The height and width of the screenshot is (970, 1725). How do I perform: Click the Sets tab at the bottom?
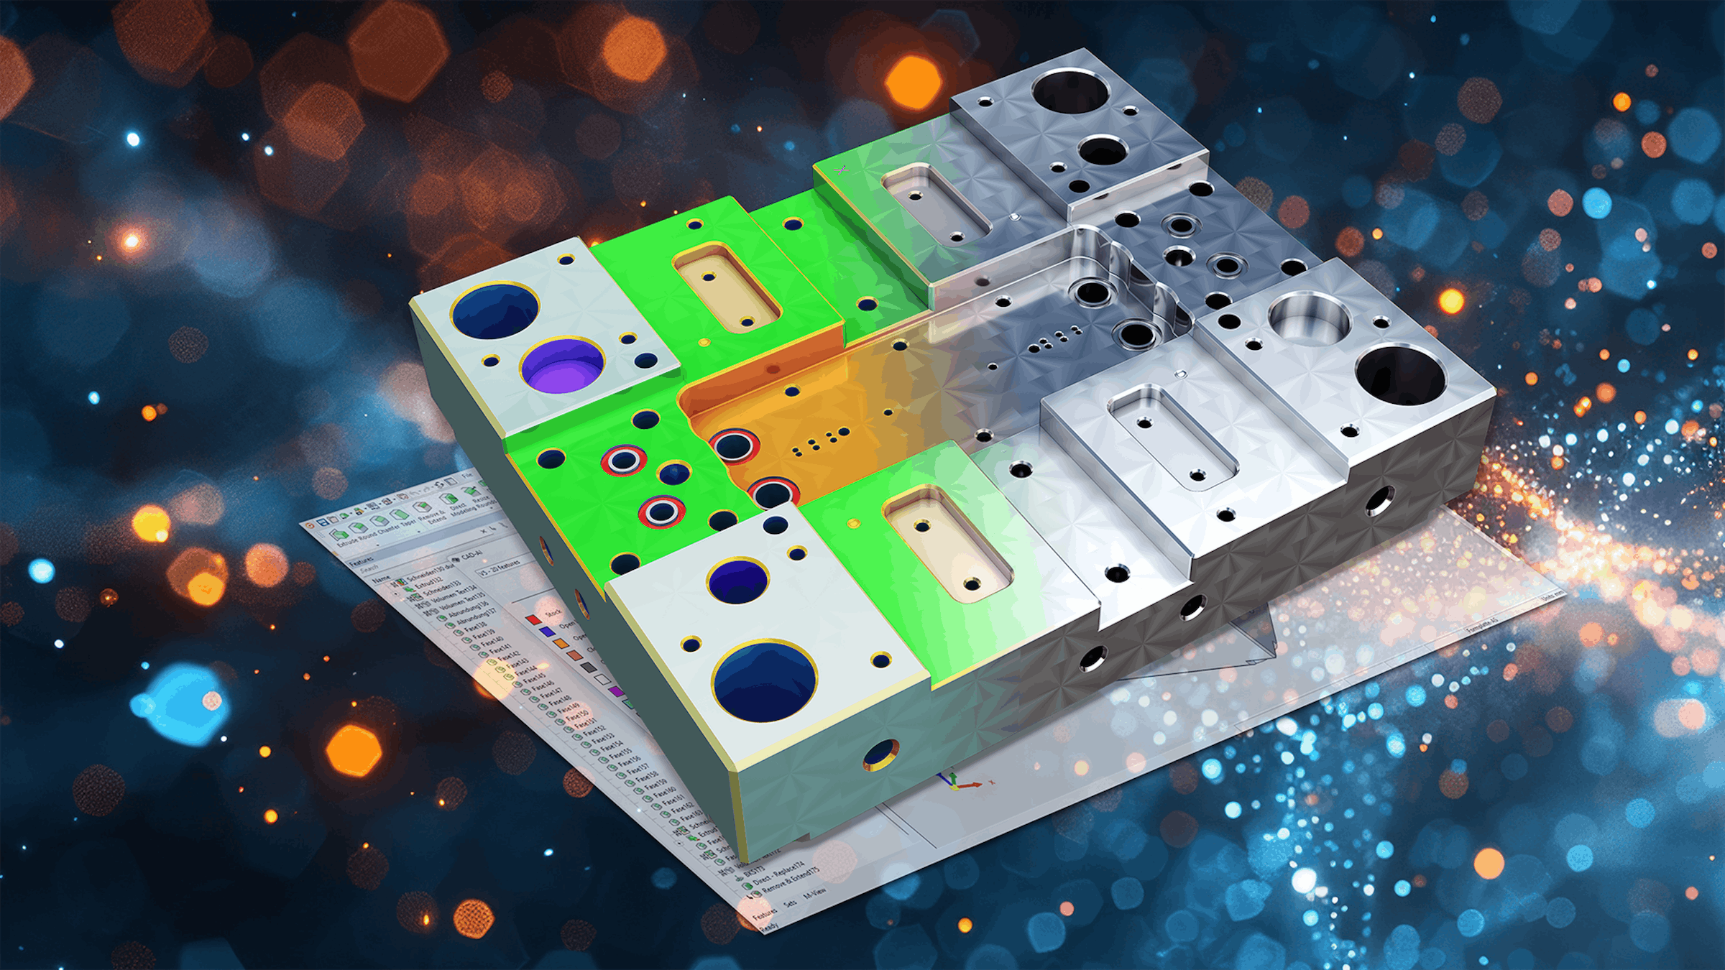pyautogui.click(x=790, y=903)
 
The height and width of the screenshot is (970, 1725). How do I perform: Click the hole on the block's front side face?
pyautogui.click(x=880, y=754)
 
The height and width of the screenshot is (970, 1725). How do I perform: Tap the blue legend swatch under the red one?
pyautogui.click(x=548, y=632)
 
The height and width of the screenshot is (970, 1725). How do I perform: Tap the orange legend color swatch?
pyautogui.click(x=561, y=643)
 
